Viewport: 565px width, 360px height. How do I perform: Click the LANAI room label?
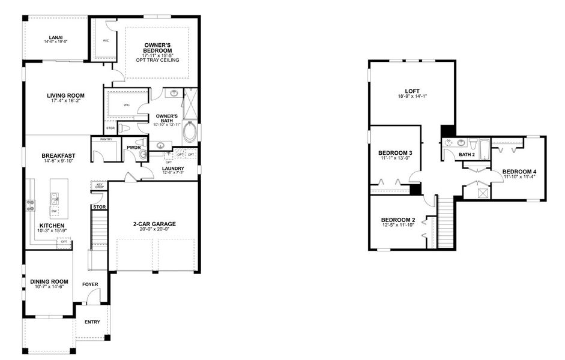click(x=56, y=36)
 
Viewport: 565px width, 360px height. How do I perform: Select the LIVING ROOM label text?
click(x=66, y=95)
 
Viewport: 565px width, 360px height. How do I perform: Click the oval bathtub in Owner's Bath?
click(x=190, y=132)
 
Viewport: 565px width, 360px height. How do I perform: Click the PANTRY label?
click(x=106, y=140)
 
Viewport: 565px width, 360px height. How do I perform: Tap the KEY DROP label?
click(x=100, y=186)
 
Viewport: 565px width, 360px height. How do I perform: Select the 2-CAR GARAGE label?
click(x=155, y=224)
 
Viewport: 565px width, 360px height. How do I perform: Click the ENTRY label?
click(x=92, y=322)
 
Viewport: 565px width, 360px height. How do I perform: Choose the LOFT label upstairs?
click(x=411, y=91)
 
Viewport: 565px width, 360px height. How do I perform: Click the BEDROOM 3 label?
click(x=395, y=153)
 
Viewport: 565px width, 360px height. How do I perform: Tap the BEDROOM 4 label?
click(x=519, y=170)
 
